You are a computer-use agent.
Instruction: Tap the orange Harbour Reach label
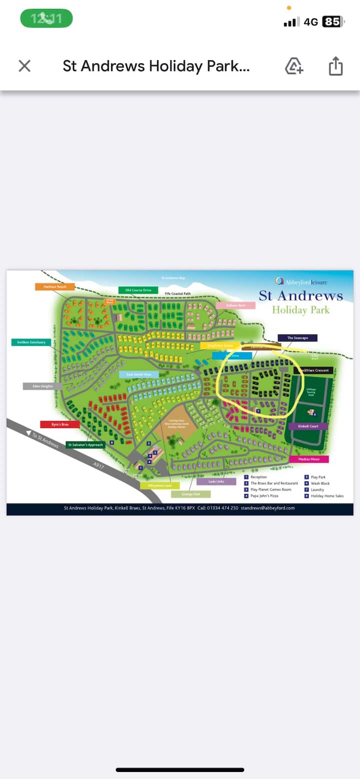54,286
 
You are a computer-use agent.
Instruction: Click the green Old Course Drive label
138,290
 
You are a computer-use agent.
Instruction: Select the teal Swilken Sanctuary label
31,342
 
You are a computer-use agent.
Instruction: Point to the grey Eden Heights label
42,386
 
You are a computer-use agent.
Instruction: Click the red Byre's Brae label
59,424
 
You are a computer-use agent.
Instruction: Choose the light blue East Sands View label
138,374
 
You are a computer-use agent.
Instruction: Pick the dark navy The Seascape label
297,338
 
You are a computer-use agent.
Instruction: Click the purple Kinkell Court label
308,426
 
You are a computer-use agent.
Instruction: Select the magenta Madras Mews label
308,459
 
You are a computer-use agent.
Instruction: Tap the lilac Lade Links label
216,481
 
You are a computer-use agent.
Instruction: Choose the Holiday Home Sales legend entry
327,496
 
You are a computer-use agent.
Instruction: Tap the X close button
24,66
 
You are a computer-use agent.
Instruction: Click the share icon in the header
335,66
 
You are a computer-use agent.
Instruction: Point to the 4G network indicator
310,22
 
